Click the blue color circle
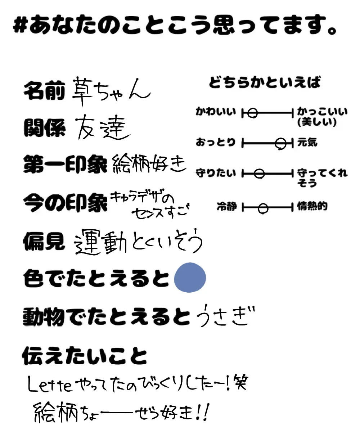coord(190,278)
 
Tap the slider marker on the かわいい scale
coord(252,113)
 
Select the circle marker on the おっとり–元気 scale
coord(280,143)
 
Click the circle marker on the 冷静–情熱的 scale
coord(264,208)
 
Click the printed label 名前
coord(44,91)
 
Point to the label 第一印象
coord(65,165)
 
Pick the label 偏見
coord(44,241)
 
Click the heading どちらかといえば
coord(265,83)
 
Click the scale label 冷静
coord(226,207)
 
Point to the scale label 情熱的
coord(312,207)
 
